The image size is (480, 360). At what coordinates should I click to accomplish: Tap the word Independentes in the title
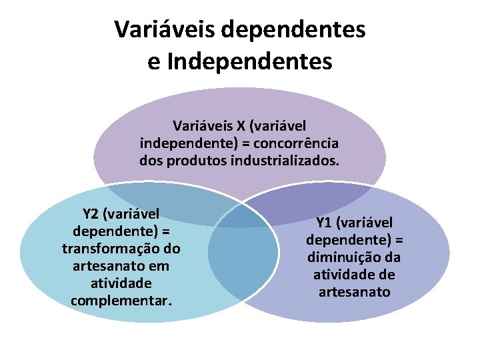pos(250,61)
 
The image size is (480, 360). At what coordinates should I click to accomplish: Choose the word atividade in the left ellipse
pos(121,283)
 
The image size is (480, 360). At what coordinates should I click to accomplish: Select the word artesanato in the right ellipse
pos(354,292)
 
